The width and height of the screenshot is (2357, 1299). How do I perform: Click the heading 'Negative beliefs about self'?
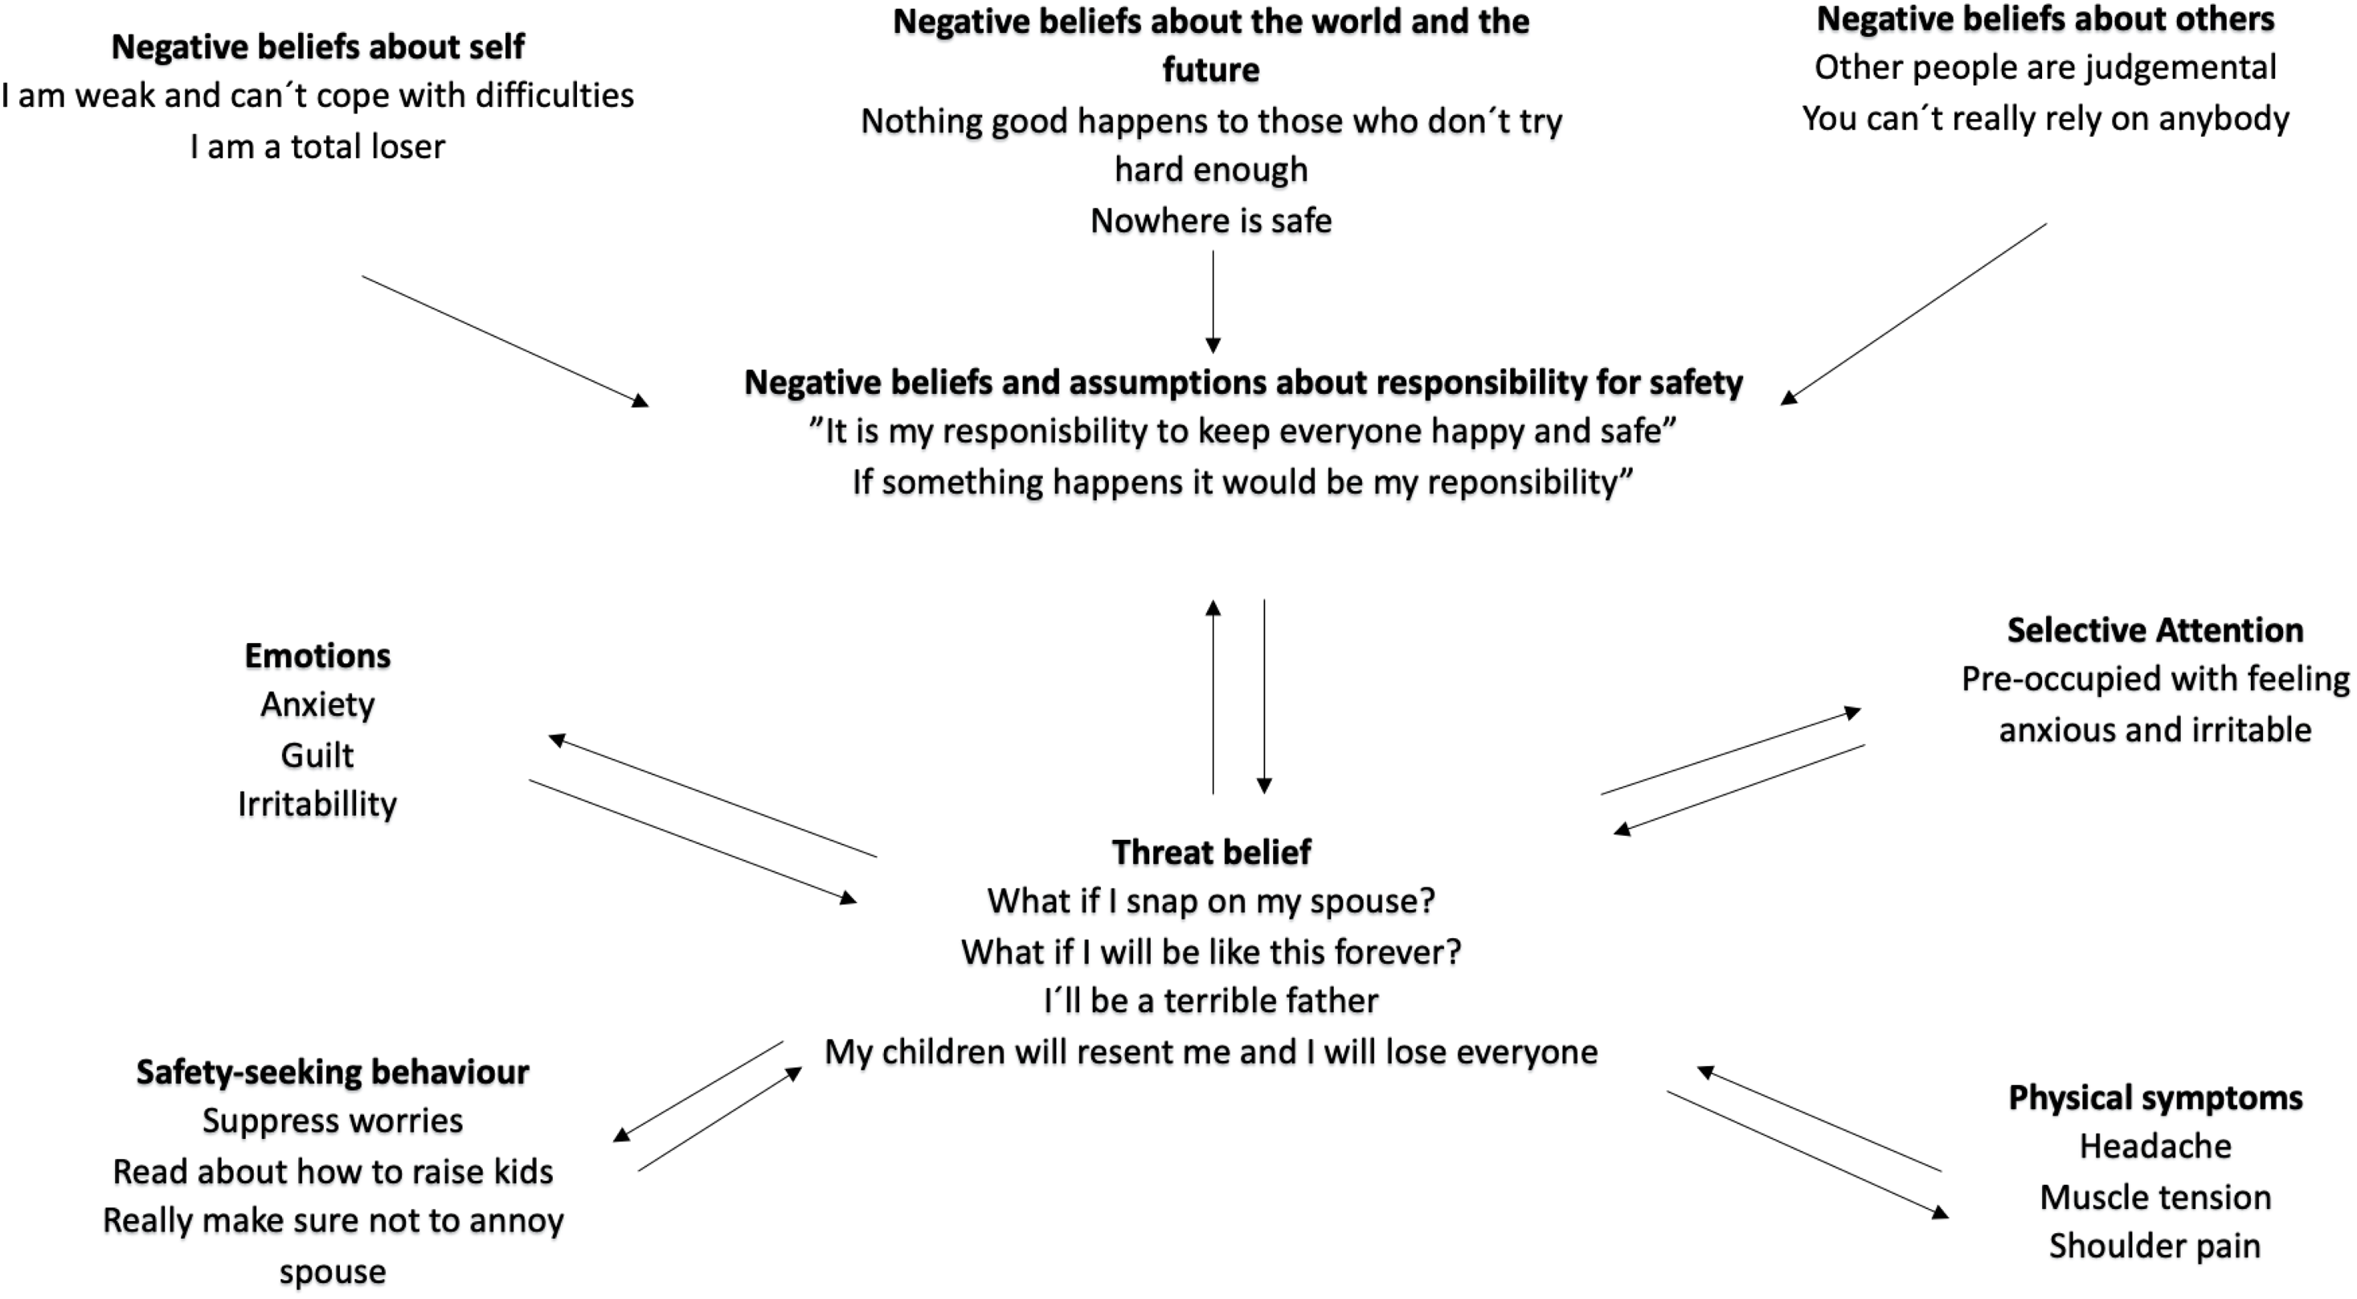[317, 47]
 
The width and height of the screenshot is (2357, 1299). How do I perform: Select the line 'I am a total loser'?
[317, 146]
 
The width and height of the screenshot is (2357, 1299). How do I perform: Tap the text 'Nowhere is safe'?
[1210, 220]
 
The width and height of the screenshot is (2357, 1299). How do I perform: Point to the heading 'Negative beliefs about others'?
[2045, 19]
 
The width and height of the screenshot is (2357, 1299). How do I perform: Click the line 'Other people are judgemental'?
[2045, 68]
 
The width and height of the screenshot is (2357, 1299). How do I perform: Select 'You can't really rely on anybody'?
[2045, 119]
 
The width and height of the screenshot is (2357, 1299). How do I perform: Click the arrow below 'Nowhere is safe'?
[1213, 302]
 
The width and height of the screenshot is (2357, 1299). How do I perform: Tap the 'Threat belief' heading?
[1210, 852]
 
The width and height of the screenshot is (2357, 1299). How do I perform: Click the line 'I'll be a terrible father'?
[1210, 1001]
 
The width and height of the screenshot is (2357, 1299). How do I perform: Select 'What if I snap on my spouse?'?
[1210, 902]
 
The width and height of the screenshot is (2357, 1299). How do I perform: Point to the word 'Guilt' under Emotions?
[317, 756]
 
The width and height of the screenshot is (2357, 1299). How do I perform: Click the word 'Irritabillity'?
[317, 805]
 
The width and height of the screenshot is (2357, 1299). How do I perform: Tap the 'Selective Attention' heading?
[2154, 631]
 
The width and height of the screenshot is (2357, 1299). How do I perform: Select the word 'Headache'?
[2154, 1146]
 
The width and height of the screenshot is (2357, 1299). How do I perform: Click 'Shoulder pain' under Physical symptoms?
[2154, 1246]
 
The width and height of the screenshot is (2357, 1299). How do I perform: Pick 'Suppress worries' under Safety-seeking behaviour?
[332, 1121]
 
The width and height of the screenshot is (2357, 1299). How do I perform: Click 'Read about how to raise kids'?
[332, 1172]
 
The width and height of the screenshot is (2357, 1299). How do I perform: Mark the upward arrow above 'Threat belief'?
[1213, 696]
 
